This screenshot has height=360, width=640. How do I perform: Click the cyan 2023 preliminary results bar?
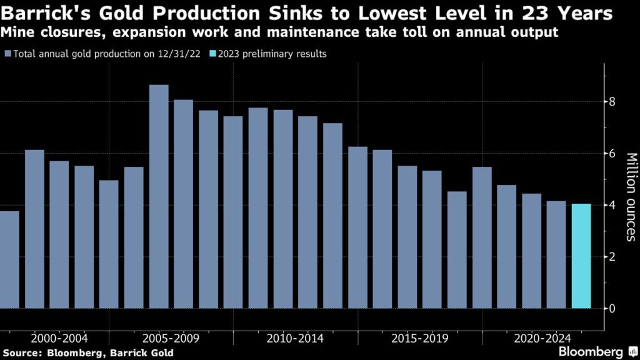[581, 256]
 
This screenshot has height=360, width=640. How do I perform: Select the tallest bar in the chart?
[159, 197]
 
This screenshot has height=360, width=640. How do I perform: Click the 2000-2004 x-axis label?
[59, 339]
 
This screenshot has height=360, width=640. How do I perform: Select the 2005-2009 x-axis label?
[171, 339]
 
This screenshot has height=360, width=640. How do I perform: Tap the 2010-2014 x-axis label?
[295, 339]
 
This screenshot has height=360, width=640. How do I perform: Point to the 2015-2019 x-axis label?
[420, 339]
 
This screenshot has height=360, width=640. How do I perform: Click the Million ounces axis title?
[631, 196]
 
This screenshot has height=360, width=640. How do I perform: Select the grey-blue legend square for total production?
[7, 54]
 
